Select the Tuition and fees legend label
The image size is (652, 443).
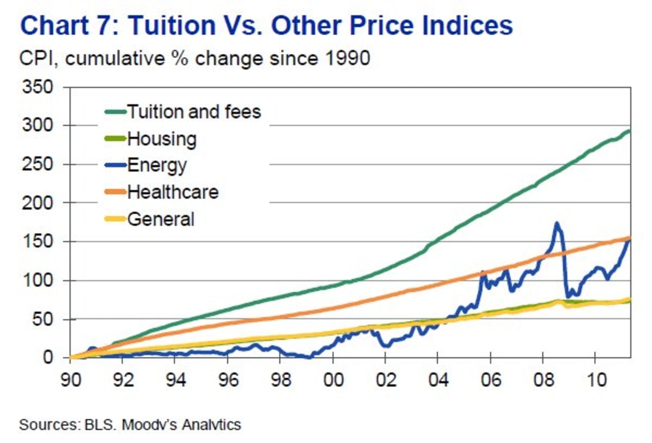click(194, 112)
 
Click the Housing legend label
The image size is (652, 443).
click(162, 139)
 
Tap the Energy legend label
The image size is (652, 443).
click(157, 165)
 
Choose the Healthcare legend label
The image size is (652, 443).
click(173, 192)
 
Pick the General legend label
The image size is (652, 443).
click(160, 220)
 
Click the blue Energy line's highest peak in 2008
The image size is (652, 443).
click(556, 223)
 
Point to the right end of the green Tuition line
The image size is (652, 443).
click(629, 131)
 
